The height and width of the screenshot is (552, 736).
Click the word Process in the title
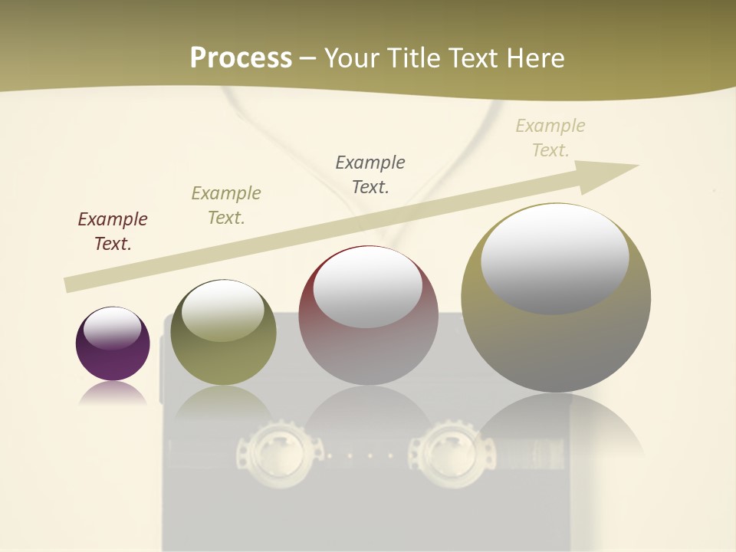(241, 58)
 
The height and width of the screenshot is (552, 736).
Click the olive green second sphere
(223, 337)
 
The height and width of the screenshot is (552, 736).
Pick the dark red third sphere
(368, 322)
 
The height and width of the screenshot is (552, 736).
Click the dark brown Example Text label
(113, 231)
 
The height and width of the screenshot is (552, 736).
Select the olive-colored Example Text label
(226, 205)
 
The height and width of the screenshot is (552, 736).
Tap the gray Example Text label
(370, 174)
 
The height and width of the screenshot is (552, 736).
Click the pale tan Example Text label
(550, 137)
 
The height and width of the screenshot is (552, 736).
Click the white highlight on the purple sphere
(112, 328)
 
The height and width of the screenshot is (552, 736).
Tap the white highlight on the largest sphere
(555, 257)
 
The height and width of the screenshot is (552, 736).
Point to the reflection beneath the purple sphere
(113, 394)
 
